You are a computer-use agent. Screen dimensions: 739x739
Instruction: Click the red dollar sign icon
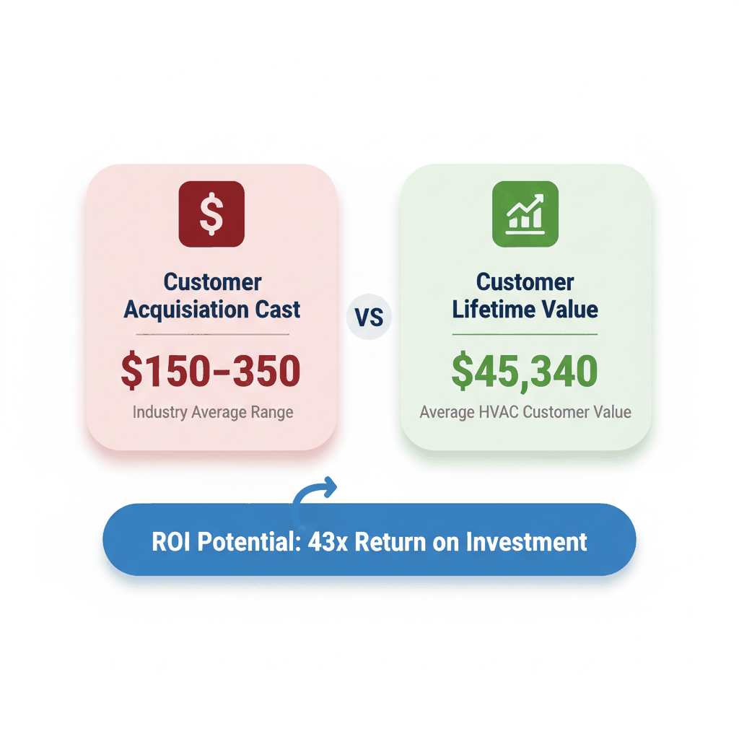pos(211,214)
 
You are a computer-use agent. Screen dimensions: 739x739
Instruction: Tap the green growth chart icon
pos(525,214)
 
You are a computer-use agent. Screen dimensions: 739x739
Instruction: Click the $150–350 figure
pos(211,370)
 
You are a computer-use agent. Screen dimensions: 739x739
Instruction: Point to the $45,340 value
pos(525,370)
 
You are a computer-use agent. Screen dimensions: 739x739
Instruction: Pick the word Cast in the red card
pos(276,310)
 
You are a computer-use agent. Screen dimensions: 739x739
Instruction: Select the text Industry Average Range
pos(213,413)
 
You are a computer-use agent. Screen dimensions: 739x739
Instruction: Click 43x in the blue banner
pos(328,541)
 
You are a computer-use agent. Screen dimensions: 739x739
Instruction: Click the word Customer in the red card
pos(213,281)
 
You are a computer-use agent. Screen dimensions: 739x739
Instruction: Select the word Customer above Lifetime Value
pos(525,281)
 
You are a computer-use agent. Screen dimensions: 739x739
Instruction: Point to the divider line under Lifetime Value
pos(525,335)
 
